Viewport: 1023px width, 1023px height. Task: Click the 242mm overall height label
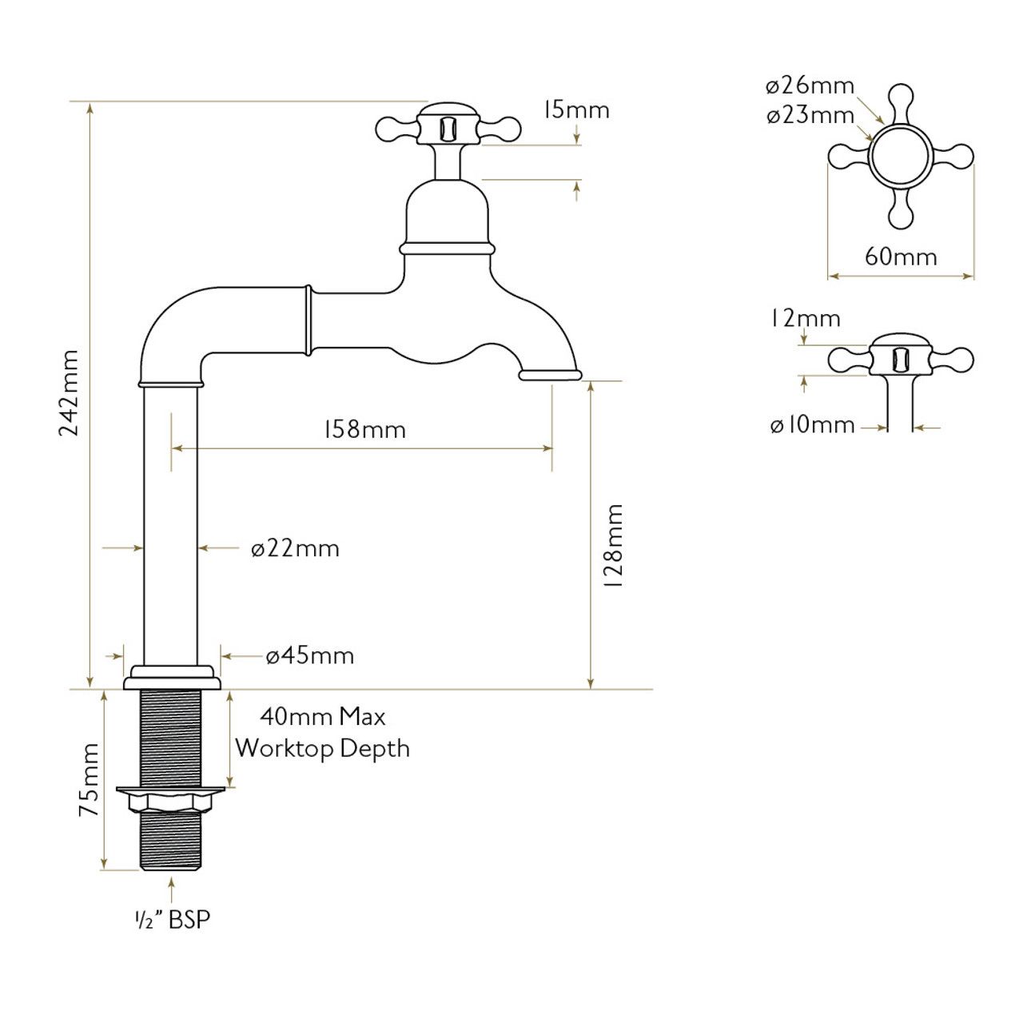click(x=70, y=392)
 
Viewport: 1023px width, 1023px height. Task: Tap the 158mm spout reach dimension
click(x=364, y=430)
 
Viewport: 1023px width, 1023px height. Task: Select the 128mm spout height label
click(x=613, y=547)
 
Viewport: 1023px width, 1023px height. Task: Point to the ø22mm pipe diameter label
click(x=295, y=549)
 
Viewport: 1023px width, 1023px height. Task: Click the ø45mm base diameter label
click(x=309, y=656)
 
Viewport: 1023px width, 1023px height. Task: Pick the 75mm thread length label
click(x=90, y=779)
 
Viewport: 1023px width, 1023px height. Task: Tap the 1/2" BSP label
click(x=172, y=919)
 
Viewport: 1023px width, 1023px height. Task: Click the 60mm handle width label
click(x=901, y=257)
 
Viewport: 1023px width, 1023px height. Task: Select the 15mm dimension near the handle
click(x=576, y=109)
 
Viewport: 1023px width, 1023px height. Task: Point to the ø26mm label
click(x=810, y=86)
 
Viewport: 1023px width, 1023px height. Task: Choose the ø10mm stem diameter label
click(x=812, y=425)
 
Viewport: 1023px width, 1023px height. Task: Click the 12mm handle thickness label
click(x=806, y=318)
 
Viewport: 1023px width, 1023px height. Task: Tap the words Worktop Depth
click(x=322, y=749)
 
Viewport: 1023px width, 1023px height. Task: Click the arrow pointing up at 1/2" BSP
click(x=172, y=888)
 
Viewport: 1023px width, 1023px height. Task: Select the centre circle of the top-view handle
click(x=901, y=156)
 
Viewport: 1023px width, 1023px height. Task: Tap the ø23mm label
click(x=810, y=116)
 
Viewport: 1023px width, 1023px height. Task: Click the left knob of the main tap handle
click(x=388, y=128)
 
